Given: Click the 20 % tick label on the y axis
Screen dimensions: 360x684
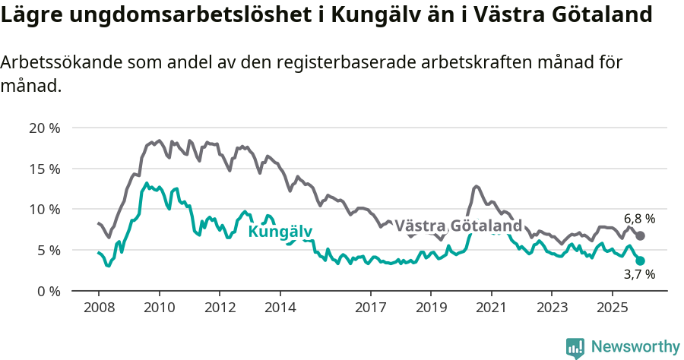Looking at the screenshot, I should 44,128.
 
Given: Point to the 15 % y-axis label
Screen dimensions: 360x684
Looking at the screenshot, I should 44,169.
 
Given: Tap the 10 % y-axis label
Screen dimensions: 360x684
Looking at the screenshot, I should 44,209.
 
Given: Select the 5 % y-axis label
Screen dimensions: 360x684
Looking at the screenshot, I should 47,250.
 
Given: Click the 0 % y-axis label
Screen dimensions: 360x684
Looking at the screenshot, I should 47,291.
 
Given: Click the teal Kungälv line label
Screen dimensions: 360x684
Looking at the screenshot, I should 280,232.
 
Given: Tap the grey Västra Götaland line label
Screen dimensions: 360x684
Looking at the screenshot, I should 458,226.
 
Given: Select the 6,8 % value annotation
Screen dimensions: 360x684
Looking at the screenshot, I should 639,219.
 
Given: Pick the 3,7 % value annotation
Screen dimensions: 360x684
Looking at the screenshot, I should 639,274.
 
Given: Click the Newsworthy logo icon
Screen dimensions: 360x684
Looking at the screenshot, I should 575,348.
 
